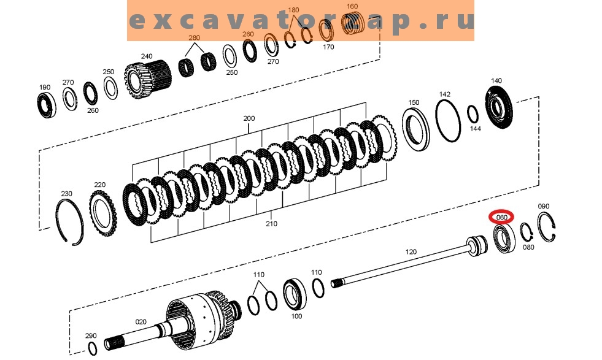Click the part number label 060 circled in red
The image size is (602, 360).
[x=501, y=217]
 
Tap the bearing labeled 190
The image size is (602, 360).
[x=45, y=104]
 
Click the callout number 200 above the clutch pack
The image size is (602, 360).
[x=249, y=118]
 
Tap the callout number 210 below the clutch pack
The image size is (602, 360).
[x=271, y=224]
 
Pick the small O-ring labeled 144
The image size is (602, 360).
[x=473, y=114]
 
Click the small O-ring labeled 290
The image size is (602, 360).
[x=92, y=349]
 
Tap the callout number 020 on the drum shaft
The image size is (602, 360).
[x=141, y=321]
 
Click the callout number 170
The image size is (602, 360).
[x=328, y=47]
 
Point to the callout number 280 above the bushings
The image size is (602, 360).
[x=195, y=38]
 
